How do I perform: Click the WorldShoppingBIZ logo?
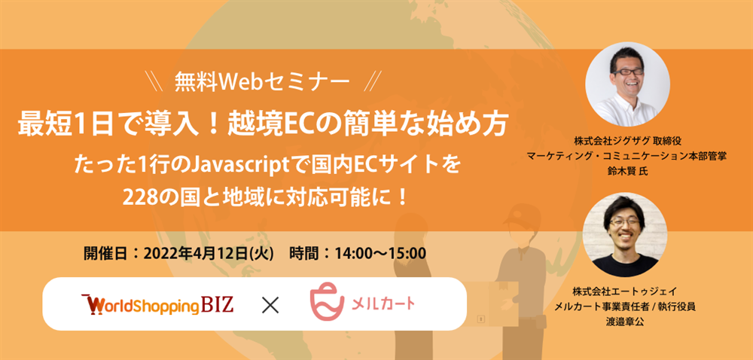click(x=157, y=304)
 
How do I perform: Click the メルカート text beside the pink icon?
click(x=384, y=304)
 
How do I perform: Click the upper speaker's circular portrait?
click(x=628, y=84)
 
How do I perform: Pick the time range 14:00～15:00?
click(x=378, y=253)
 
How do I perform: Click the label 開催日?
click(x=102, y=253)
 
